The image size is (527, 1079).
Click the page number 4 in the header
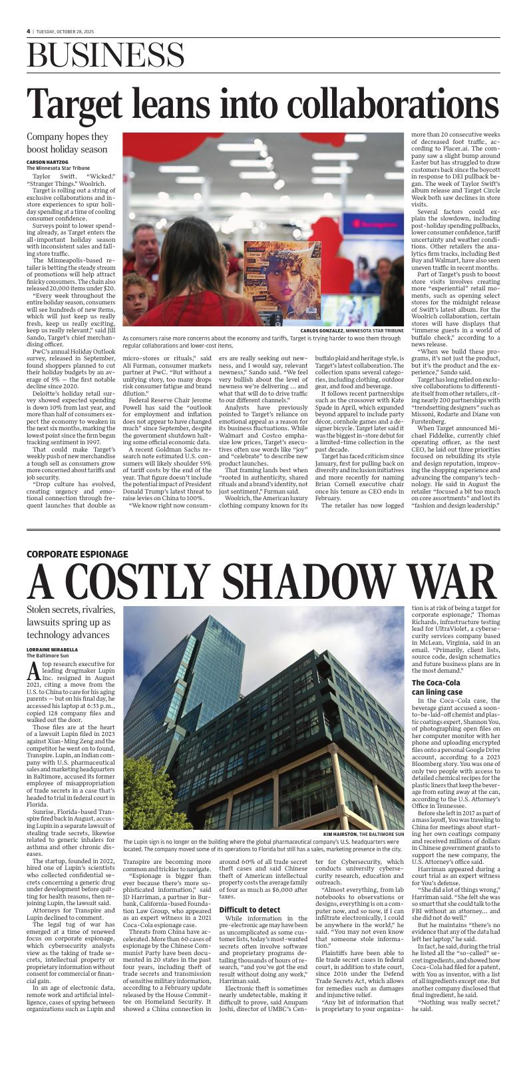[29, 31]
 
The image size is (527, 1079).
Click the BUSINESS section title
[106, 55]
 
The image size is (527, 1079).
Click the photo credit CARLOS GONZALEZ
[322, 330]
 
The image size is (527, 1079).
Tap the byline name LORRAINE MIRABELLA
[52, 649]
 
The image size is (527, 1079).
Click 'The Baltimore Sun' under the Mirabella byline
[47, 655]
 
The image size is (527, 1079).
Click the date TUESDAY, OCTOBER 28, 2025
[66, 31]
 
